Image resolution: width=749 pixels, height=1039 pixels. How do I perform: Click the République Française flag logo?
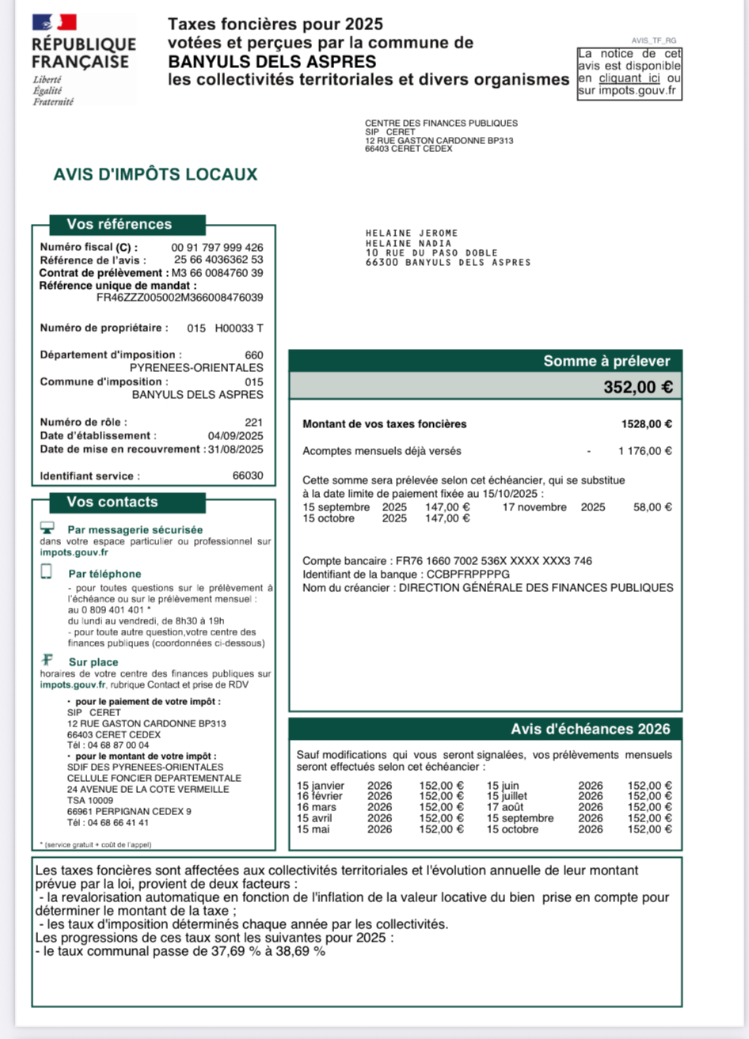[x=55, y=22]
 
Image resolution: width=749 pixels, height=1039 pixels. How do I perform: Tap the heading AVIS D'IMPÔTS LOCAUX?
[x=155, y=174]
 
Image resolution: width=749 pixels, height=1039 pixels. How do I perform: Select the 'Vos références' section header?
[x=119, y=225]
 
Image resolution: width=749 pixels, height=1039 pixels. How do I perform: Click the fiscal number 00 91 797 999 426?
[x=217, y=248]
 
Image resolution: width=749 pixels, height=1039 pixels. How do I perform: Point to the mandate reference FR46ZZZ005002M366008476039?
[x=180, y=298]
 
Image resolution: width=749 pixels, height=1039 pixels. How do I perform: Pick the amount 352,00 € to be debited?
[x=638, y=388]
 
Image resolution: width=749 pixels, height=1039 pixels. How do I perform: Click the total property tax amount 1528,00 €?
[x=646, y=424]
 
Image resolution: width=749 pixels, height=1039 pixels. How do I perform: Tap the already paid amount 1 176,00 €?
[x=645, y=451]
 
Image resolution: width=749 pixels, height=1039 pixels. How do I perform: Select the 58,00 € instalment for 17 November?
[x=652, y=507]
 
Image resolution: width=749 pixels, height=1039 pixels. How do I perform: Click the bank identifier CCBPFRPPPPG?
[x=468, y=574]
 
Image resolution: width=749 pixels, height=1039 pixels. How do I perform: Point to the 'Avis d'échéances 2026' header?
[x=590, y=730]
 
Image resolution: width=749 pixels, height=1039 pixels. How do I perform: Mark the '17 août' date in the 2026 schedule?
[x=504, y=807]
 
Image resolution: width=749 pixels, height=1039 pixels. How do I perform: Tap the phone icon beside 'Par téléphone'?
[x=47, y=572]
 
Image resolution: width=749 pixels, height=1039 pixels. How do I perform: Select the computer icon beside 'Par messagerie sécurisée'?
[x=48, y=528]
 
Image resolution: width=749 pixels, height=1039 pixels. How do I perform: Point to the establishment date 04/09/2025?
[x=235, y=436]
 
